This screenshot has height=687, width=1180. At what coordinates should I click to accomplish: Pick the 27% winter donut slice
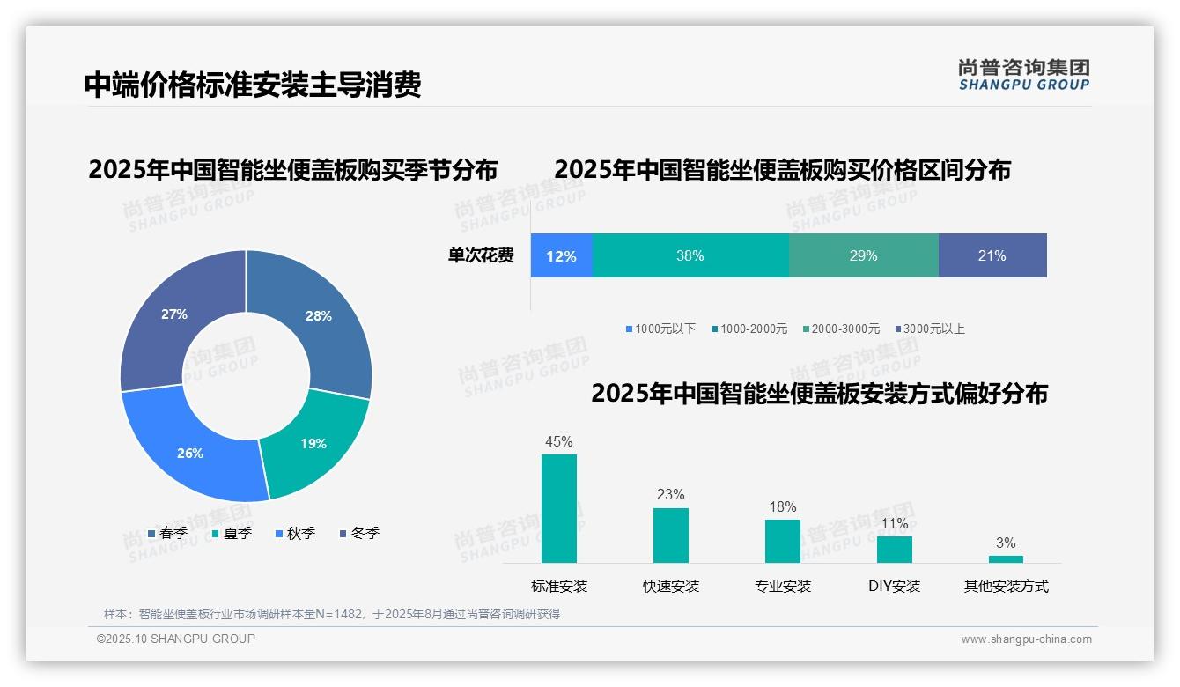click(x=172, y=317)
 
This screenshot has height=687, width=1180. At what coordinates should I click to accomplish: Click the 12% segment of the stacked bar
click(x=561, y=255)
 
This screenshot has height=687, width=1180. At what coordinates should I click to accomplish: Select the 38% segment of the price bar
click(x=690, y=255)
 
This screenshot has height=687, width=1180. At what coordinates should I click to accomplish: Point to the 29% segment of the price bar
click(x=863, y=255)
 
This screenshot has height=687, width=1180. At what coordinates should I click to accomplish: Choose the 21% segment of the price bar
click(x=992, y=255)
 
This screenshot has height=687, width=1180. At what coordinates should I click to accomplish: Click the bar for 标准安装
click(x=559, y=508)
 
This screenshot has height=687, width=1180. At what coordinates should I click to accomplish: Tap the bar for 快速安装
click(x=671, y=535)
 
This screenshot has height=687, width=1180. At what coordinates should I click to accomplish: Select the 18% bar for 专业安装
click(x=782, y=541)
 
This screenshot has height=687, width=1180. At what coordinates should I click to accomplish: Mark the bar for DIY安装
click(x=894, y=550)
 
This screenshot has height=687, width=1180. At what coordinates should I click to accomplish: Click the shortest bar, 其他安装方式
click(x=1006, y=559)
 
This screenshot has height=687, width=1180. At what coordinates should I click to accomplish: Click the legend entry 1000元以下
click(x=660, y=329)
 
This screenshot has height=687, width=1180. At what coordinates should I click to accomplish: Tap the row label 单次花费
click(x=481, y=255)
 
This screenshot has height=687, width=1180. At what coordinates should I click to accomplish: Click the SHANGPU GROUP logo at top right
click(x=1023, y=75)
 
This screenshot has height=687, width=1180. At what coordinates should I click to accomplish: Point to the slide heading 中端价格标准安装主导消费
click(x=253, y=85)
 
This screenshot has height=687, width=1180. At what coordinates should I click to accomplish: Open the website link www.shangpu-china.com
click(x=1026, y=639)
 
